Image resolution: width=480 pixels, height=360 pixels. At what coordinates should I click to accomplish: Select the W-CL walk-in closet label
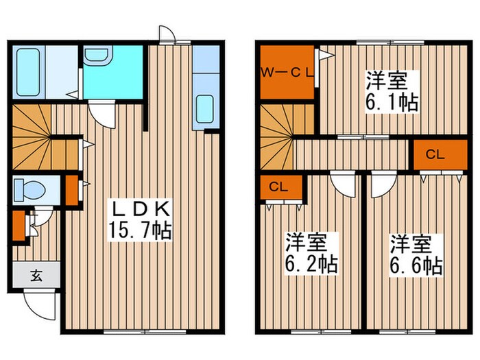[286, 70]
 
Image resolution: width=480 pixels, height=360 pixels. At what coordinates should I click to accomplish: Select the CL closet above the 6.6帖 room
[435, 154]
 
